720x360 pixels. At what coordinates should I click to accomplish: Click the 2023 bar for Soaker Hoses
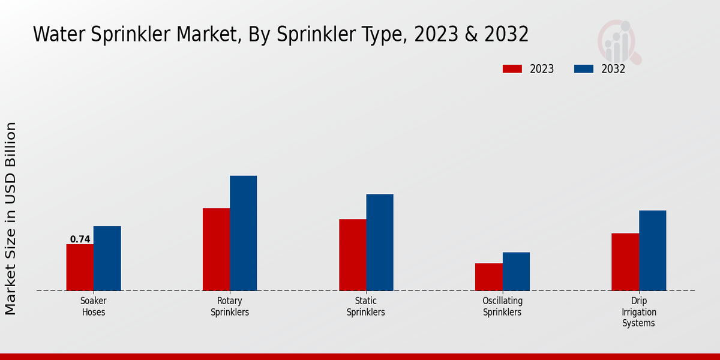click(x=80, y=268)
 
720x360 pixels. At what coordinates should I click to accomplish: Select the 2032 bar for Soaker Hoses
click(x=107, y=259)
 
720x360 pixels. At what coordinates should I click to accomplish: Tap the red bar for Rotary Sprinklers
click(x=216, y=250)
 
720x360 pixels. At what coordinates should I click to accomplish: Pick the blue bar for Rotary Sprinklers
click(x=243, y=233)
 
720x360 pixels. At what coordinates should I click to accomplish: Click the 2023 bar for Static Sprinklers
click(x=352, y=255)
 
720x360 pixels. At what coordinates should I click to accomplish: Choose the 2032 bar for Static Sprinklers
click(x=380, y=242)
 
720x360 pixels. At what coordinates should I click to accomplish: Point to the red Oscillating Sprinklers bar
click(x=488, y=277)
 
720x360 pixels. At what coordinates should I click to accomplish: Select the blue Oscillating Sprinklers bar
click(x=516, y=271)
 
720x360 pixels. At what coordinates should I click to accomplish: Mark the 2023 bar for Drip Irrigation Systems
click(x=625, y=262)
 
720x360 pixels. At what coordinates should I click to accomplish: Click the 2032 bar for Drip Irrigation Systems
click(x=652, y=251)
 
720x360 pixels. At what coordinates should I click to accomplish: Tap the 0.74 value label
click(x=80, y=239)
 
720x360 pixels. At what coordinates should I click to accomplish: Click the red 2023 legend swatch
click(x=512, y=69)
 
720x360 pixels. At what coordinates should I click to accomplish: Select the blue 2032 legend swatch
click(x=583, y=69)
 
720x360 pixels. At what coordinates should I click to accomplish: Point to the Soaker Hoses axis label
click(x=94, y=307)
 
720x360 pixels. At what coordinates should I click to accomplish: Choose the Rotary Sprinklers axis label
click(x=230, y=307)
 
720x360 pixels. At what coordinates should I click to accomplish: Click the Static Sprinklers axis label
click(x=366, y=307)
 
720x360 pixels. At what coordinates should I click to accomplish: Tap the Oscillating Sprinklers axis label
click(x=502, y=307)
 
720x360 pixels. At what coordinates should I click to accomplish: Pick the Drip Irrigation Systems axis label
click(x=639, y=312)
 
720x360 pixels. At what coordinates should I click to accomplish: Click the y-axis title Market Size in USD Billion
click(x=11, y=218)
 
